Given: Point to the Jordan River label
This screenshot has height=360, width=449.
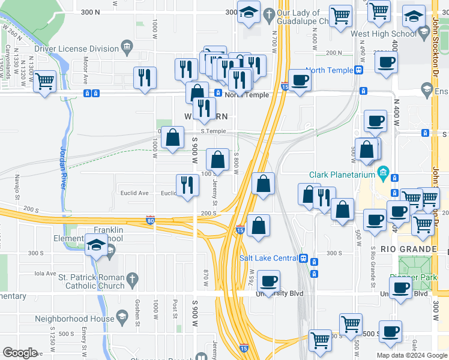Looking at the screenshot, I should [x=62, y=168].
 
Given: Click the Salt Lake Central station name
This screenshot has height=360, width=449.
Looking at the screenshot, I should [x=268, y=258].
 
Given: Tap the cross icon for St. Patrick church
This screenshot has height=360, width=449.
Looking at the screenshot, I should [x=133, y=278].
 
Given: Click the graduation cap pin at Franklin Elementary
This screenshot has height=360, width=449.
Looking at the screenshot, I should [x=96, y=246].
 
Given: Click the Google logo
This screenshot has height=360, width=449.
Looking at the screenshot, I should [x=20, y=353].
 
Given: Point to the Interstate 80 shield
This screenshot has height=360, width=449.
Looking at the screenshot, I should [x=150, y=221].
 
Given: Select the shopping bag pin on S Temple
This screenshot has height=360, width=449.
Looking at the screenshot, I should [x=173, y=137].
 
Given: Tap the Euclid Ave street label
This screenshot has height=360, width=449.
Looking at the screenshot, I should [x=135, y=193].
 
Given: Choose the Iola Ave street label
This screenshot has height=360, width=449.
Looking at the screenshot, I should [x=44, y=272].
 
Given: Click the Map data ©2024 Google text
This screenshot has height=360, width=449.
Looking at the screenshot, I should [x=412, y=355].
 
